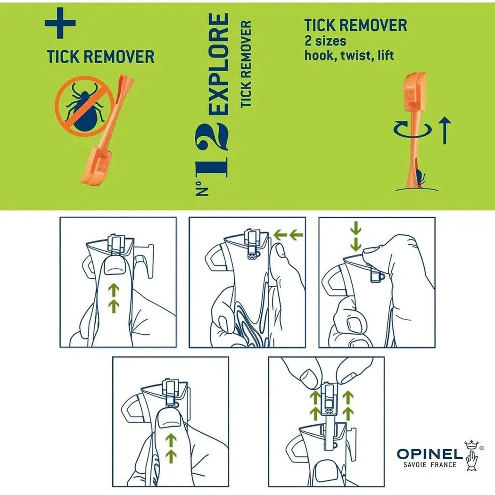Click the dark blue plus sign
click(x=60, y=23)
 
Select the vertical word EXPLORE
click(x=218, y=64)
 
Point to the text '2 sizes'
click(x=325, y=41)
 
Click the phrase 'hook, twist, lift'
click(x=349, y=56)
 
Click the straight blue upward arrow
click(x=445, y=130)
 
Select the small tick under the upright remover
click(x=420, y=179)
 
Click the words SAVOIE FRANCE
click(x=430, y=465)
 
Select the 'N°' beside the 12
click(x=202, y=188)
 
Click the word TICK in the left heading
click(x=63, y=57)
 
